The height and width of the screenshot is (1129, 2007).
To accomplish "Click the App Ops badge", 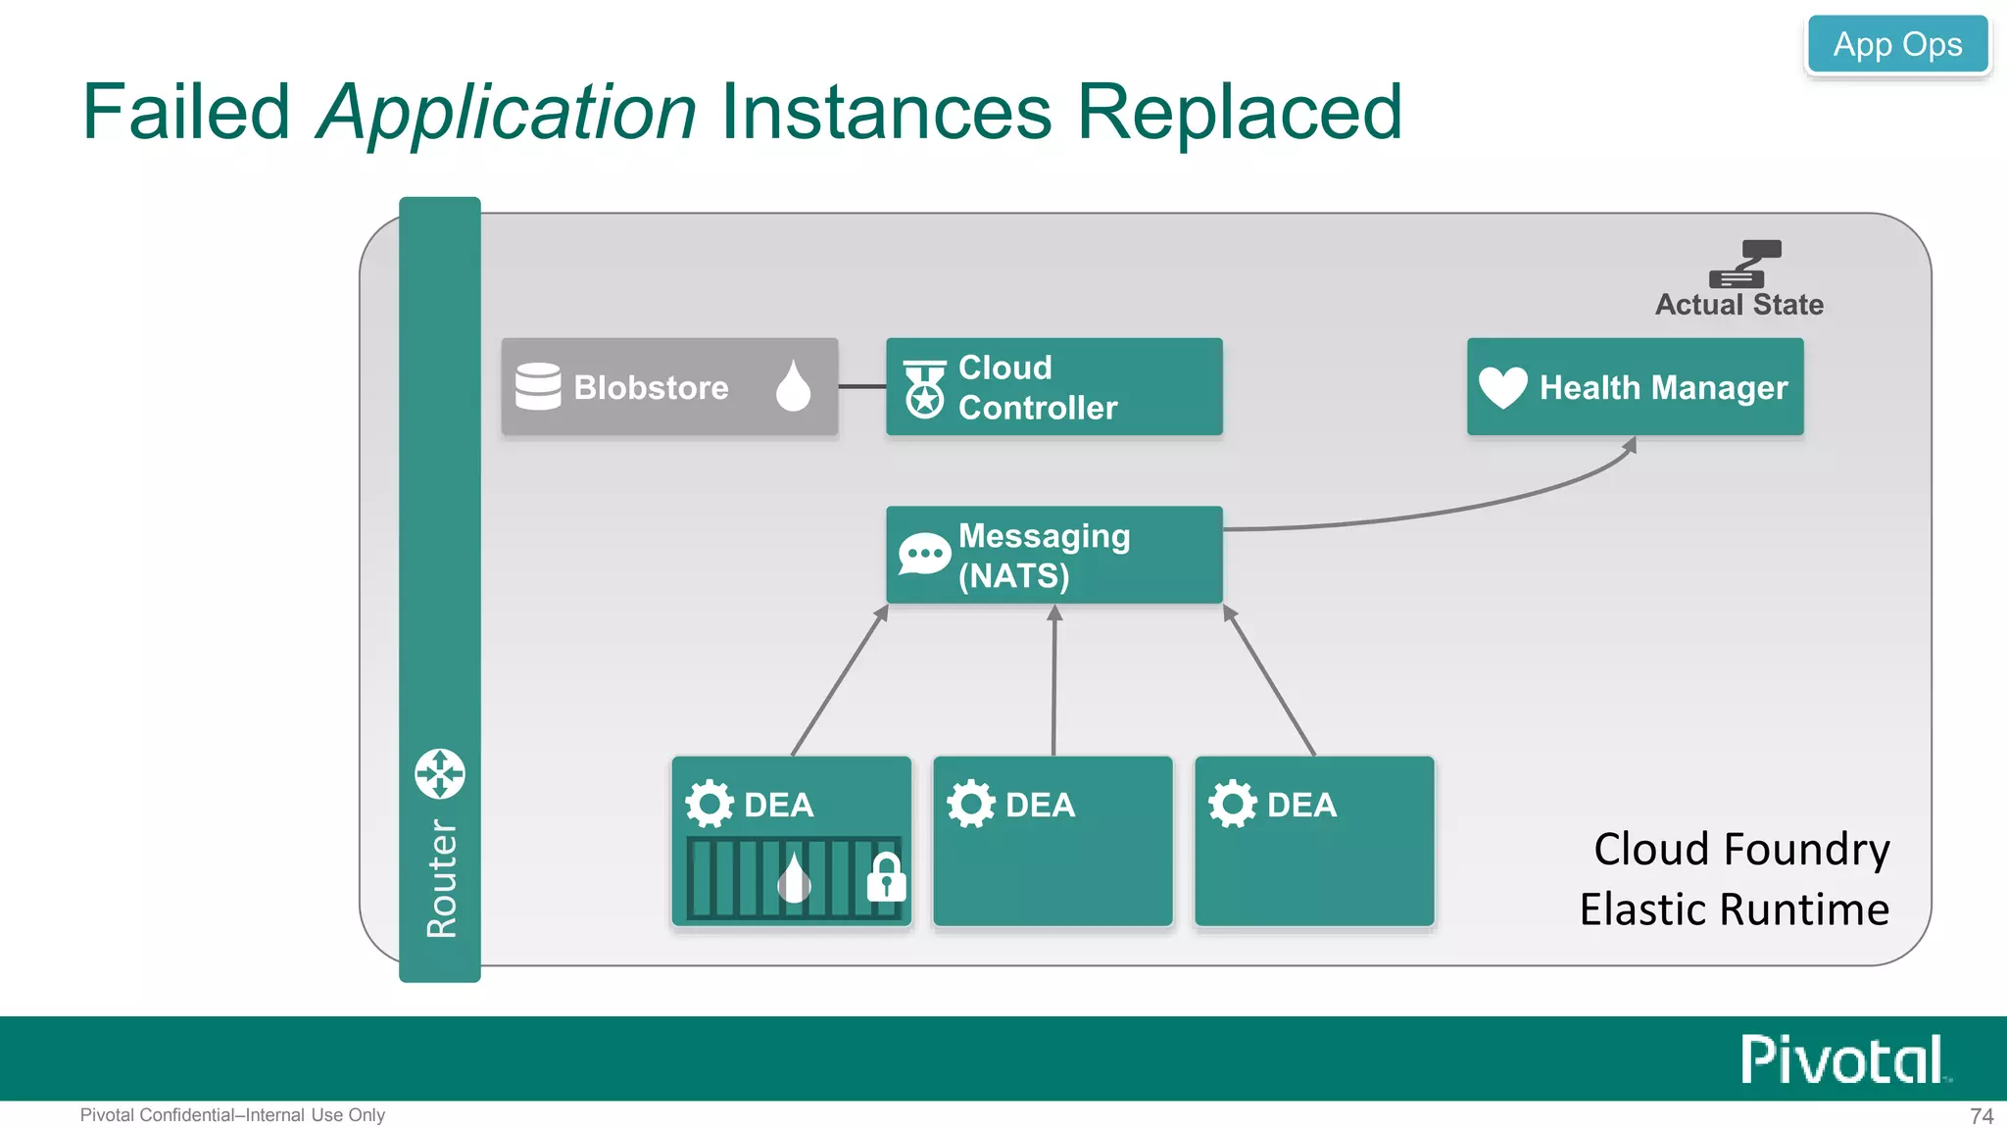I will (x=1897, y=44).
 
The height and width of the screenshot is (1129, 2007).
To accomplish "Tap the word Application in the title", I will (x=507, y=112).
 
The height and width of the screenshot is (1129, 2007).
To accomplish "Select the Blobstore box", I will (x=669, y=387).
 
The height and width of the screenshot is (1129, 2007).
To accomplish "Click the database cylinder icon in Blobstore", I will (x=538, y=386).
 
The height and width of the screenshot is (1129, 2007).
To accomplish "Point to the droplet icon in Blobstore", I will (x=793, y=385).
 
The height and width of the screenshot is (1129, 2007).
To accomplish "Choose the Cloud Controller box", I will (x=1053, y=387).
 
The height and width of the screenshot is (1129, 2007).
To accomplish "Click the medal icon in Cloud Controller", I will (x=924, y=389).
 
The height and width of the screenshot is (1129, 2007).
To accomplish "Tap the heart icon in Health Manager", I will (x=1502, y=387).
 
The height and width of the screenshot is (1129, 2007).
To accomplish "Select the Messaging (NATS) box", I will (x=1053, y=555).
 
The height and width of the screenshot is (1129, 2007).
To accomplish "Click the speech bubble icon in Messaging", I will (x=924, y=555).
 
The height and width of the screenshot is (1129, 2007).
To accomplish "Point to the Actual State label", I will (x=1738, y=305).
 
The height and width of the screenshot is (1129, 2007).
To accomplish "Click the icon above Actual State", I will (x=1744, y=264).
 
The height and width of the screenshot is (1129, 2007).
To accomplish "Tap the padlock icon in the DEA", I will (x=886, y=877).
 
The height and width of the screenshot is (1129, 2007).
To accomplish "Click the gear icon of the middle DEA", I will (x=970, y=804).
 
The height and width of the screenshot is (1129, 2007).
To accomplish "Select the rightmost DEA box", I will (x=1313, y=841).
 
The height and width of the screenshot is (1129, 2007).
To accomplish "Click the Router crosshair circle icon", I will (x=440, y=774).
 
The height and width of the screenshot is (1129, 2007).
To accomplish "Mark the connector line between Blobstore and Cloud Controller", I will (x=861, y=387).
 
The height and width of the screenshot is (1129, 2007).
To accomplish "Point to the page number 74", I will (x=1982, y=1116).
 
